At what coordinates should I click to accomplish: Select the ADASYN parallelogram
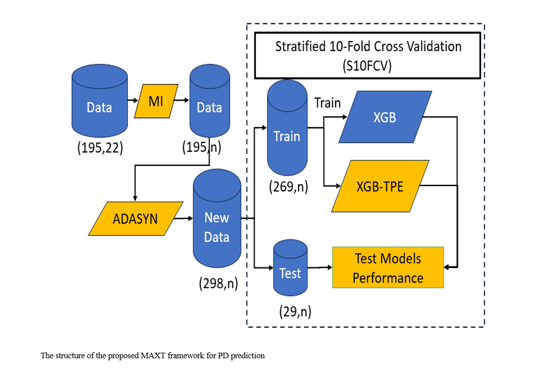pyautogui.click(x=135, y=219)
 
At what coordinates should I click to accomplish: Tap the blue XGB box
pyautogui.click(x=385, y=117)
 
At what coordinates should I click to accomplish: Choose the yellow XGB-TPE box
pyautogui.click(x=381, y=186)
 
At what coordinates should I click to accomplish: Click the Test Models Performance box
pyautogui.click(x=388, y=268)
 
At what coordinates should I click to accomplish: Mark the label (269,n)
pyautogui.click(x=288, y=187)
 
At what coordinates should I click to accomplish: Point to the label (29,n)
pyautogui.click(x=294, y=312)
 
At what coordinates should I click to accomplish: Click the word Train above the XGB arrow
pyautogui.click(x=327, y=103)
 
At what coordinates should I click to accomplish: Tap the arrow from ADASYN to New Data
pyautogui.click(x=182, y=219)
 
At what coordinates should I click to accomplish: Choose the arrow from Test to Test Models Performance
pyautogui.click(x=319, y=267)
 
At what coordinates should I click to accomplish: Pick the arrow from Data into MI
pyautogui.click(x=133, y=101)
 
